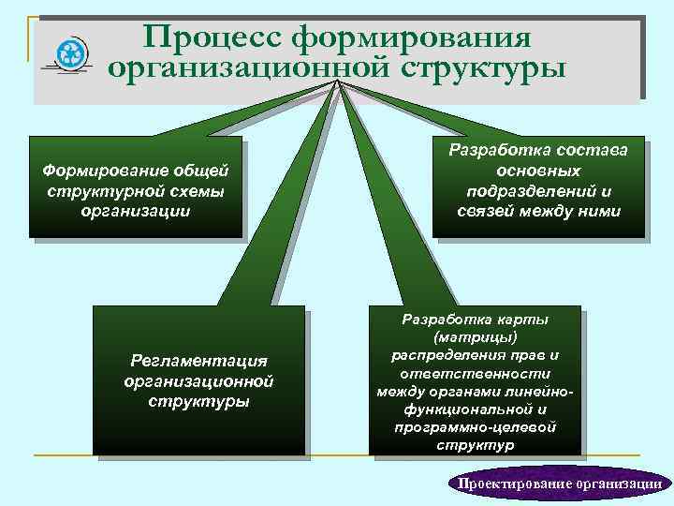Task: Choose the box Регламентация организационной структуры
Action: click(198, 380)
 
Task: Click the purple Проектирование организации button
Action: click(559, 483)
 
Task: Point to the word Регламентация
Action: click(198, 361)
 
